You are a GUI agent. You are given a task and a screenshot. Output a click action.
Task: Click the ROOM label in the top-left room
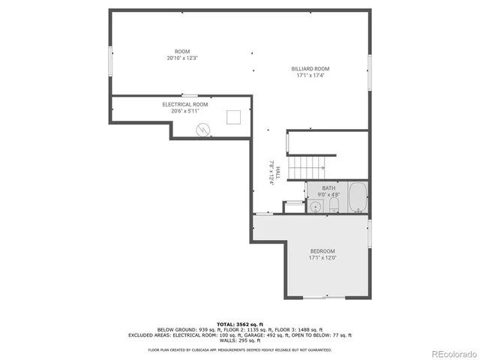click(182, 51)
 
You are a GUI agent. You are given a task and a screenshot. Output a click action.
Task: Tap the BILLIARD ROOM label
click(310, 68)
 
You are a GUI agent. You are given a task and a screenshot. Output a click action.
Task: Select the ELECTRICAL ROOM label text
click(185, 104)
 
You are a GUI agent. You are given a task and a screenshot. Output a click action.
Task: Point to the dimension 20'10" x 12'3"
click(182, 58)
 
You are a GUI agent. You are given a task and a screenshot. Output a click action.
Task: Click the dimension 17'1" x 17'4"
click(310, 75)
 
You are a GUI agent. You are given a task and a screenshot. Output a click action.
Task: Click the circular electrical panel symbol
click(202, 129)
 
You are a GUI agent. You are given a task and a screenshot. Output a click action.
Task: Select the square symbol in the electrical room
click(234, 116)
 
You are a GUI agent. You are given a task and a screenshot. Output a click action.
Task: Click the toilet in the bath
click(334, 205)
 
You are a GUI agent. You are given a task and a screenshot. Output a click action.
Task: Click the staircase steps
click(307, 164)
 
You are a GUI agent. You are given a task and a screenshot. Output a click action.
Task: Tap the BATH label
click(328, 188)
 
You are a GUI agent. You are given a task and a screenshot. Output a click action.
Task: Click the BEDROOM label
click(322, 250)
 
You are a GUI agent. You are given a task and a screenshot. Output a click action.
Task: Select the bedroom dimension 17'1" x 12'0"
click(322, 258)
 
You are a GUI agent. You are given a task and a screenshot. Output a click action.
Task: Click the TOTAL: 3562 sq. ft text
click(239, 323)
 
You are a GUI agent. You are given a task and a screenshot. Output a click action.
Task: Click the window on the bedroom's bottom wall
click(324, 297)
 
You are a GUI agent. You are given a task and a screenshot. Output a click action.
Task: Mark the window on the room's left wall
click(111, 60)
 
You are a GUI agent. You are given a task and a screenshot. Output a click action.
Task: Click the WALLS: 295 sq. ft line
click(239, 340)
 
